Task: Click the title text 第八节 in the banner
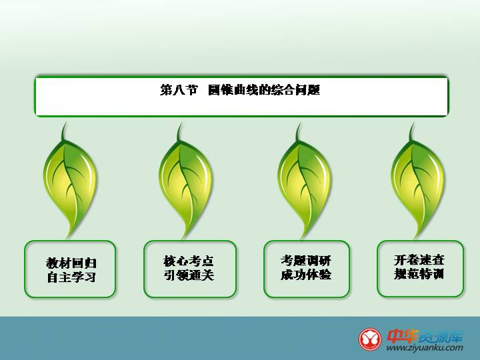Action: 179,90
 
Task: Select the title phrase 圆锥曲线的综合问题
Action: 264,90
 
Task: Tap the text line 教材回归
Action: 71,263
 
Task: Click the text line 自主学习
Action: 71,277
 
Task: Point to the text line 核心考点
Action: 189,261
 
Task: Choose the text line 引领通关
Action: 189,275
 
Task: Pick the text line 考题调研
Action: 306,261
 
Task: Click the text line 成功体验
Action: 306,274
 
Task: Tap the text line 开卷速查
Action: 419,260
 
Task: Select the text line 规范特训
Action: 419,274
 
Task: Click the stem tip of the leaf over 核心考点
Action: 181,124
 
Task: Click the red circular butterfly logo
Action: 370,339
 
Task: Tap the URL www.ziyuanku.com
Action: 425,348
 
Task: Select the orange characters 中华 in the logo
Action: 402,337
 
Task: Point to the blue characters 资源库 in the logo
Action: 441,337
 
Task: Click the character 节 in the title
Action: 191,90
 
